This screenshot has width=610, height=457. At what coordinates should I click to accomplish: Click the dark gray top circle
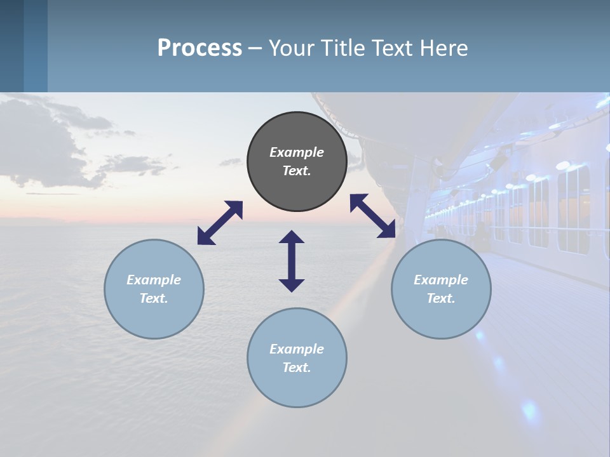pyautogui.click(x=297, y=162)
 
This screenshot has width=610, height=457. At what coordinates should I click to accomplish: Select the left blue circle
pyautogui.click(x=154, y=289)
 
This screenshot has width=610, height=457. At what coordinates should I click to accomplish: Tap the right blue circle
pyautogui.click(x=441, y=289)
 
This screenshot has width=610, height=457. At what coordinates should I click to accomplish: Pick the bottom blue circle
pyautogui.click(x=297, y=358)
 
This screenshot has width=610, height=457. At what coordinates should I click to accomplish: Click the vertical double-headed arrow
pyautogui.click(x=292, y=261)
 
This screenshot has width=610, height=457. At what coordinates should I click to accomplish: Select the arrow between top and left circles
pyautogui.click(x=220, y=223)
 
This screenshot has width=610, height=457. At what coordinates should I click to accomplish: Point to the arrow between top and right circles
pyautogui.click(x=372, y=216)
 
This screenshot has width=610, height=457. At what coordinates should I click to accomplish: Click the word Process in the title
pyautogui.click(x=200, y=48)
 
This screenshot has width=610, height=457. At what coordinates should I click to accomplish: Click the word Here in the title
pyautogui.click(x=445, y=48)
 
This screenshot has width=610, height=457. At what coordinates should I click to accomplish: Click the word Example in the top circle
pyautogui.click(x=297, y=152)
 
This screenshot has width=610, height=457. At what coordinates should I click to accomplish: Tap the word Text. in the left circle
pyautogui.click(x=154, y=298)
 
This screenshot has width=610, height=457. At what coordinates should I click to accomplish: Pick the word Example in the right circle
pyautogui.click(x=441, y=280)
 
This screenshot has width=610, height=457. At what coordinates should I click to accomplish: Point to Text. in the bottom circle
pyautogui.click(x=297, y=368)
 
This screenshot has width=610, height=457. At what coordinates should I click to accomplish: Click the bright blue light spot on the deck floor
pyautogui.click(x=529, y=409)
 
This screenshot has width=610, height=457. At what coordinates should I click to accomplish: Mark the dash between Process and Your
pyautogui.click(x=255, y=48)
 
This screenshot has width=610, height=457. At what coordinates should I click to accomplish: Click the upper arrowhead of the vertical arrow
pyautogui.click(x=292, y=237)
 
